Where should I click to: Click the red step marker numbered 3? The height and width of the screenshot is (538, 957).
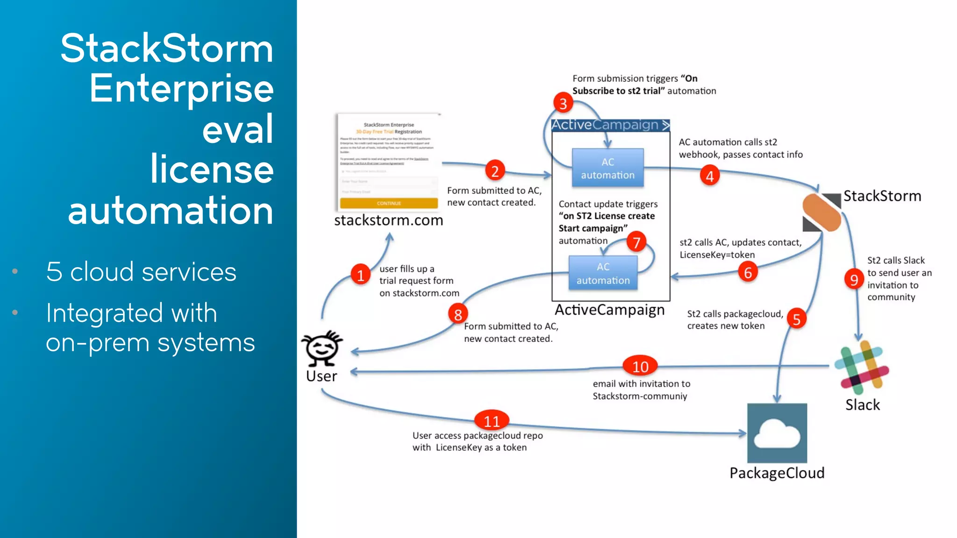(x=563, y=103)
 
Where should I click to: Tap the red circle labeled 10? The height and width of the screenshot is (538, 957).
(x=640, y=367)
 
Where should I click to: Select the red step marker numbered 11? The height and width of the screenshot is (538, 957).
(x=491, y=421)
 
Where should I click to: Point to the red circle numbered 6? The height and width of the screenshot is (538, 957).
(x=748, y=272)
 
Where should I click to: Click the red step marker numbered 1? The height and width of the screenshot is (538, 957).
(x=360, y=275)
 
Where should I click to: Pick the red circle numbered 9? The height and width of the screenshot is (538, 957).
(x=854, y=279)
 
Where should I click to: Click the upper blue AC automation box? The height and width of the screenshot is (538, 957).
(x=607, y=168)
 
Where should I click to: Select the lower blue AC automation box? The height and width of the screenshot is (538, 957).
(x=603, y=273)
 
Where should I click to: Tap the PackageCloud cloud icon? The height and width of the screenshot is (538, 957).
(x=777, y=433)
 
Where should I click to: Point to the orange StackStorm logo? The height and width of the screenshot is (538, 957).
(x=821, y=213)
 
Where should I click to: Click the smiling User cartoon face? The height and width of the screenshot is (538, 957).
(x=321, y=348)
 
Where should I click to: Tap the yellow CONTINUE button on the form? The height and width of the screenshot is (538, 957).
(x=388, y=203)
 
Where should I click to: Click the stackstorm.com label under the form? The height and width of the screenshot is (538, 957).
(x=388, y=220)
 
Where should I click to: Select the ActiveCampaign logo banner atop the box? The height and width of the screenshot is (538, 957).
(x=610, y=125)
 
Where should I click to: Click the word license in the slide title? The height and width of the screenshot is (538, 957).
(x=212, y=169)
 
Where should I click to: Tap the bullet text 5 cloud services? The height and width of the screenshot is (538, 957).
(x=141, y=272)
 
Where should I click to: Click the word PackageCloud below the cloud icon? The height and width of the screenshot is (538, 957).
(x=777, y=473)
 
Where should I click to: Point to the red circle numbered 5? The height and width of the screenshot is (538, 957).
(x=796, y=319)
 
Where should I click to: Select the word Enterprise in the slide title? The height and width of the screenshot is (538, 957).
(x=181, y=88)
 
